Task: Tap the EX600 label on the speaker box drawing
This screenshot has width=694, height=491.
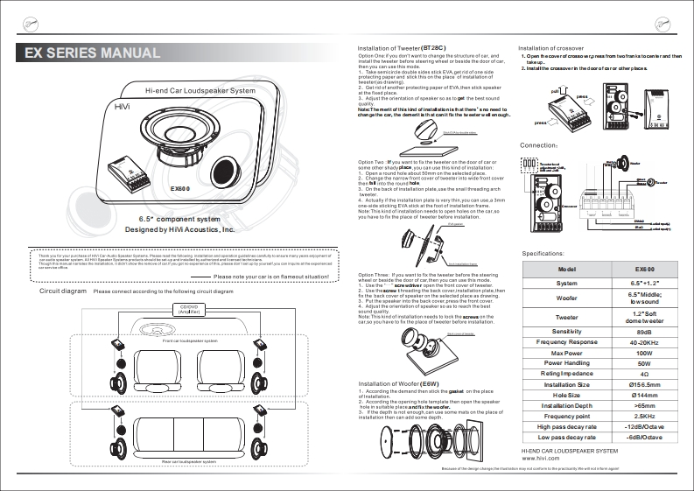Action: tap(180, 189)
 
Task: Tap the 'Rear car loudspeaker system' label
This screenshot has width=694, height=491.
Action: tap(189, 461)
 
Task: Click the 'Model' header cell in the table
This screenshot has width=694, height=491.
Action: tap(566, 269)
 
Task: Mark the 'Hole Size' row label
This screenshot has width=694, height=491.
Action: tap(566, 395)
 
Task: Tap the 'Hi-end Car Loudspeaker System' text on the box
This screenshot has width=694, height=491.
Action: tap(200, 91)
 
